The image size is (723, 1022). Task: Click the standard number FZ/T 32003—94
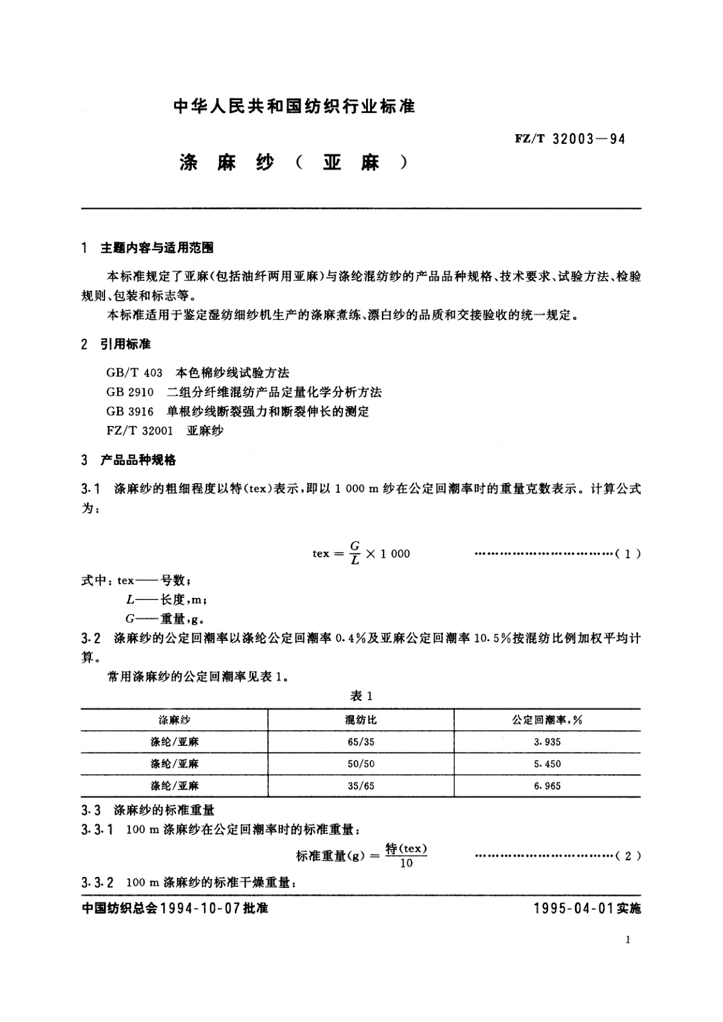click(569, 139)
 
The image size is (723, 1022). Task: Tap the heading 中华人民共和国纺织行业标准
click(294, 107)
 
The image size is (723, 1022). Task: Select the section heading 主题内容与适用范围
click(157, 248)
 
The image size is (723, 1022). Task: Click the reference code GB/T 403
click(134, 373)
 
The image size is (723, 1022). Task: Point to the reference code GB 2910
click(129, 392)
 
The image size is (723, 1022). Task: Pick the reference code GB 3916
click(129, 411)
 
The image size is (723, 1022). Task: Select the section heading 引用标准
click(126, 344)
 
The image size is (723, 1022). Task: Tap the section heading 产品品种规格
click(138, 460)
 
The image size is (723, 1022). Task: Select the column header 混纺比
click(361, 720)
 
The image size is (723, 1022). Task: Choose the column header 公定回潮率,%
click(547, 720)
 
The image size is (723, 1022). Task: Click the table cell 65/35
click(361, 742)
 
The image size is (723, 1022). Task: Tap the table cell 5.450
click(547, 764)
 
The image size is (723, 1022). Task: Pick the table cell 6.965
click(547, 786)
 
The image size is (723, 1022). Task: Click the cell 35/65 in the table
click(361, 786)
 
